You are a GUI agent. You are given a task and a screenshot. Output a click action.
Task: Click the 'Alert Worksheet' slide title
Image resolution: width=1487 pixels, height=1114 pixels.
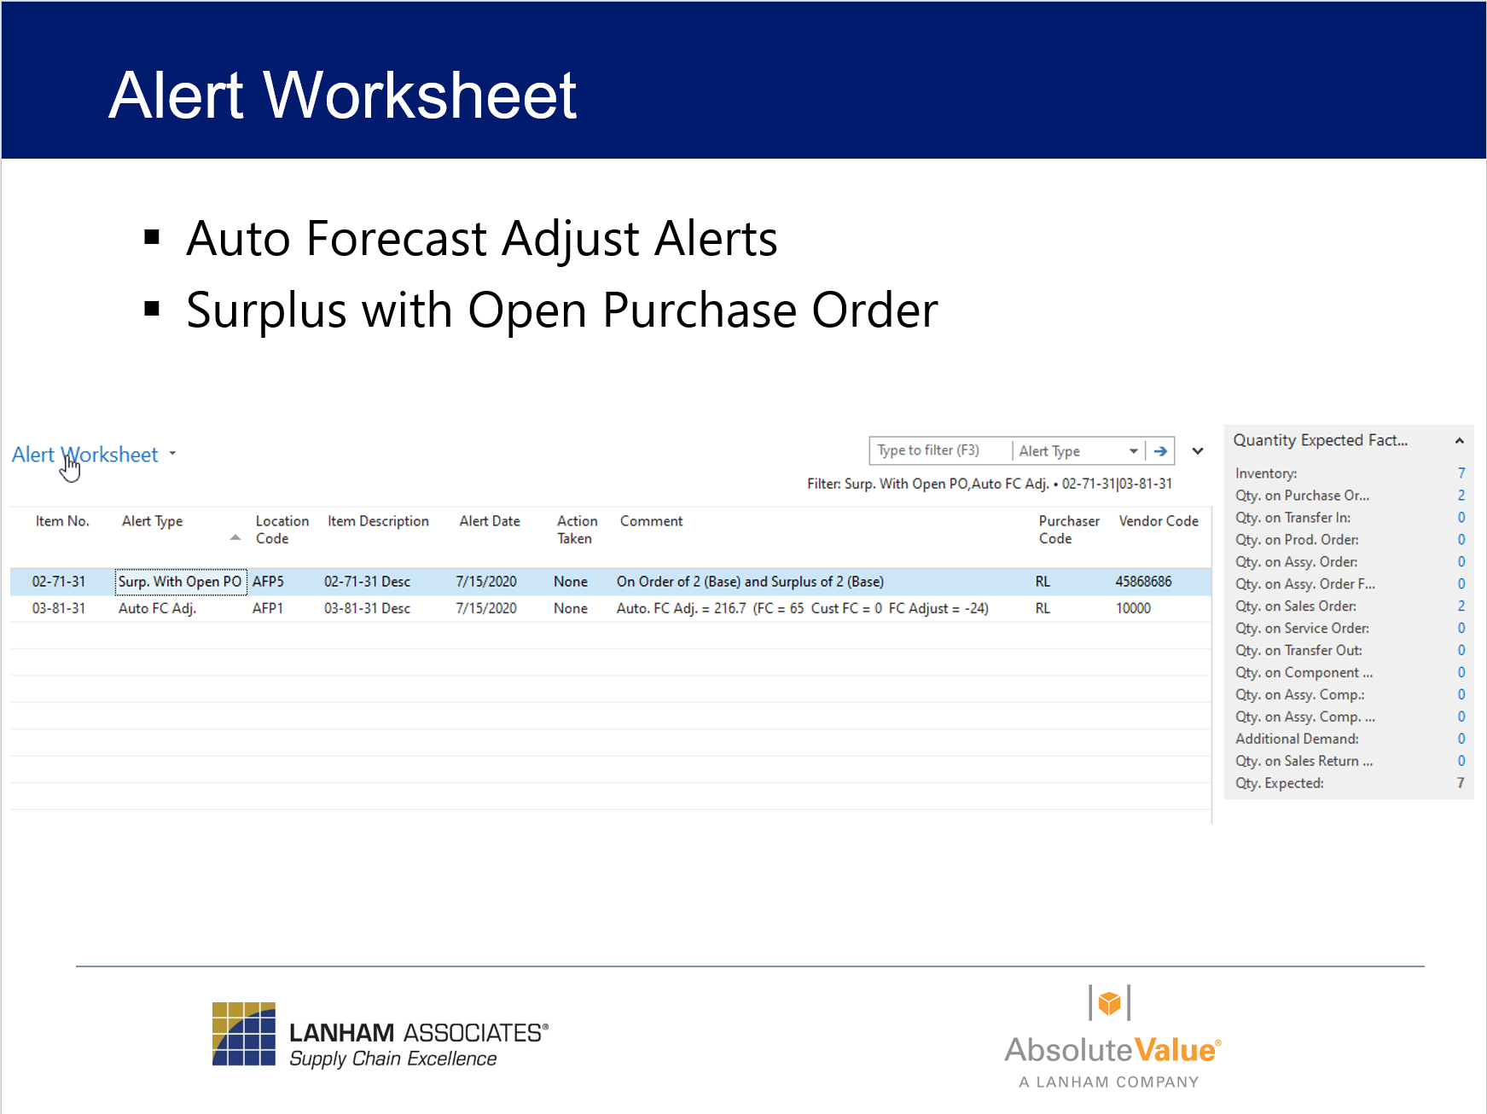(x=342, y=95)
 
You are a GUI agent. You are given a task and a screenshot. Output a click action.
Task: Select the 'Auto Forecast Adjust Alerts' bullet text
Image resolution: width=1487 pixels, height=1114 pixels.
(x=481, y=238)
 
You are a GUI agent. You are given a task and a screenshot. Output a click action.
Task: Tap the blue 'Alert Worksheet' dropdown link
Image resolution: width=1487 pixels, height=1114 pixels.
(x=85, y=455)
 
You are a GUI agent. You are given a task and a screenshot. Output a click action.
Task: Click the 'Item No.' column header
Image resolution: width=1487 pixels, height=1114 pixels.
(x=62, y=521)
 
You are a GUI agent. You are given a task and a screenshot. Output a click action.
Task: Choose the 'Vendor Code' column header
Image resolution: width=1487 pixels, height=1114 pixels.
(x=1158, y=521)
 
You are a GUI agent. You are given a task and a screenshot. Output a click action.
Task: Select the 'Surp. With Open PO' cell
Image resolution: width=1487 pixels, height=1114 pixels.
(x=180, y=582)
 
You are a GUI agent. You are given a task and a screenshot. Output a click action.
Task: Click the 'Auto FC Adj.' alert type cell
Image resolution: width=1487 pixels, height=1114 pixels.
(x=157, y=608)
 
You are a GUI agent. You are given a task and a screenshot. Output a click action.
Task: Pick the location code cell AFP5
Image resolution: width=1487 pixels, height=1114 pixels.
(x=268, y=582)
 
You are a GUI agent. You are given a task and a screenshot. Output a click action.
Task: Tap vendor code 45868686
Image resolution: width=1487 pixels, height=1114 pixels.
(x=1143, y=582)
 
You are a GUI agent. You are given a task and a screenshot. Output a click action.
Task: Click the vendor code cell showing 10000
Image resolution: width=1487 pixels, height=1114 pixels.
(x=1133, y=608)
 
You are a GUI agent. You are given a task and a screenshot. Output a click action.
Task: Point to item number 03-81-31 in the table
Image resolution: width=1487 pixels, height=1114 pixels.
(x=59, y=608)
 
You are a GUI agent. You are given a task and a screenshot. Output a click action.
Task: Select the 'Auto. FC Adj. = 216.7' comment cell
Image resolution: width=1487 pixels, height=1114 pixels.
(x=802, y=608)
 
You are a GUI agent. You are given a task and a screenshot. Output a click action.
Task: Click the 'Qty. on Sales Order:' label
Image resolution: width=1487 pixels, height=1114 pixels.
(x=1295, y=606)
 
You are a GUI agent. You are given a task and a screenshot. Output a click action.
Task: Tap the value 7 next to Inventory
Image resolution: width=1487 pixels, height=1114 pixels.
(x=1461, y=473)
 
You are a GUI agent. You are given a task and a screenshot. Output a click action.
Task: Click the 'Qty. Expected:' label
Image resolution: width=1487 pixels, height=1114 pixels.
(x=1279, y=783)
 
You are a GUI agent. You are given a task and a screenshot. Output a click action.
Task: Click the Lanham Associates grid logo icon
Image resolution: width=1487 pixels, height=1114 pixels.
(x=244, y=1034)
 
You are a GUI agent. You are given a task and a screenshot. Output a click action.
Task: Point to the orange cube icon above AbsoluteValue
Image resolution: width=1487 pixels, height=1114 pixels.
(x=1109, y=1003)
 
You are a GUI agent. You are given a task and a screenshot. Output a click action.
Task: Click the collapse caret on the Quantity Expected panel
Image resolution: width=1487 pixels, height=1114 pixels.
(x=1459, y=441)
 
